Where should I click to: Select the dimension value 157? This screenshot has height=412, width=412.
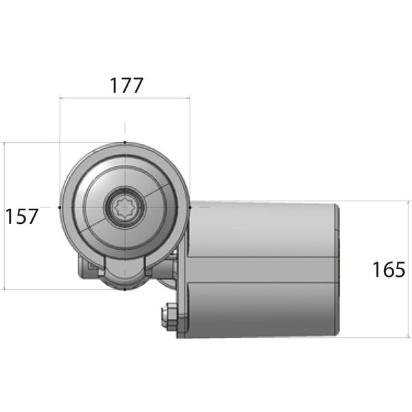click(x=22, y=216)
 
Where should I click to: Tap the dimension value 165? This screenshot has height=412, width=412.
click(x=389, y=269)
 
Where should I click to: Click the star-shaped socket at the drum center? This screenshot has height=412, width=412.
click(x=124, y=207)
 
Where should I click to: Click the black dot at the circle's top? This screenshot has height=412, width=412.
click(x=124, y=142)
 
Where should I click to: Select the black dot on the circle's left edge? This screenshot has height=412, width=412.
click(x=60, y=207)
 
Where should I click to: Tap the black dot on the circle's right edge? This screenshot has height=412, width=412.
click(x=189, y=206)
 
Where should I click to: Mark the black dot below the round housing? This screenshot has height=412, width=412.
click(x=124, y=289)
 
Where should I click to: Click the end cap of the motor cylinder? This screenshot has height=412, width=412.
click(x=337, y=269)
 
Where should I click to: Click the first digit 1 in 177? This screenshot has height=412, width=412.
click(x=114, y=86)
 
